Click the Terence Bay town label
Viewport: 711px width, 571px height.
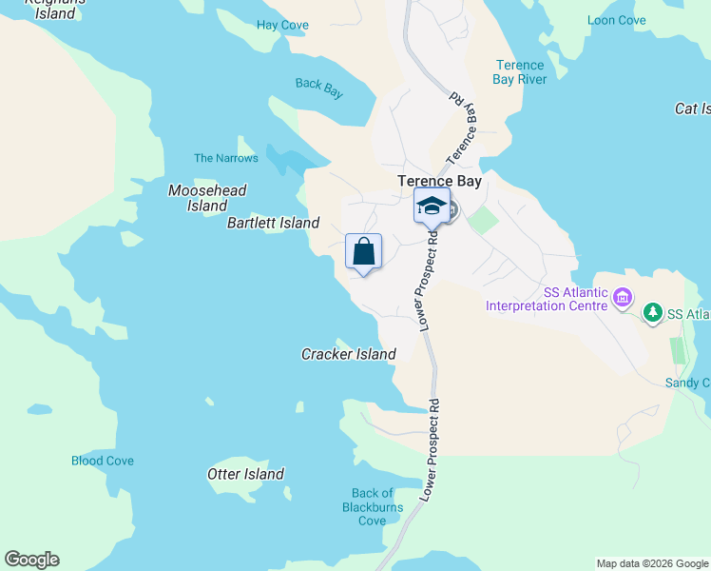(439, 181)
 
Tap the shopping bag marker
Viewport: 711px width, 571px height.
(363, 252)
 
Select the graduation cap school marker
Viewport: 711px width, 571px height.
(432, 206)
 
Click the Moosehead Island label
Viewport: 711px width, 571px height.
(207, 198)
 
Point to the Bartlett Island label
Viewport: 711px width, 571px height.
(273, 223)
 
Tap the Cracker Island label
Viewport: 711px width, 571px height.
(348, 354)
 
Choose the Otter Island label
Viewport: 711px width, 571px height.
(245, 474)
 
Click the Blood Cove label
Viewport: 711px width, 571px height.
(103, 461)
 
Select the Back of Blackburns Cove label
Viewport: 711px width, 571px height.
(372, 506)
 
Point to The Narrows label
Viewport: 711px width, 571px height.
(225, 158)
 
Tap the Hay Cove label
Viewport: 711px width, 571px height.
(282, 24)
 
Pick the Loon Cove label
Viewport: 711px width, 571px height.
(616, 20)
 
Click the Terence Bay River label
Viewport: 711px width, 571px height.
(520, 72)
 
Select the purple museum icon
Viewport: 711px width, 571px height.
(623, 298)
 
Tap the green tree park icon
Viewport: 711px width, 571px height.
(652, 312)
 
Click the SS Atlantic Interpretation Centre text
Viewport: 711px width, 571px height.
(546, 299)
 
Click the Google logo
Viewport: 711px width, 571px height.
(31, 560)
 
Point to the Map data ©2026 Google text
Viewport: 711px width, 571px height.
(651, 563)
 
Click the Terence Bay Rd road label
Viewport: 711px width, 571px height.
(462, 128)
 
